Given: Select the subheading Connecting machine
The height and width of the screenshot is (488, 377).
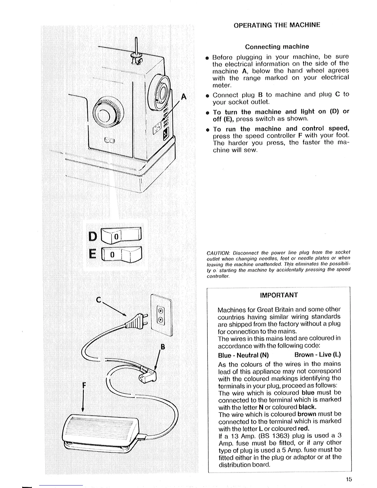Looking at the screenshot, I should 277,47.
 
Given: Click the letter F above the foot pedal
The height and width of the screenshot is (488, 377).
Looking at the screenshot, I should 84,385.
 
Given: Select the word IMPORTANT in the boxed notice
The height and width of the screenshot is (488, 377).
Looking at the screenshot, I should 279,295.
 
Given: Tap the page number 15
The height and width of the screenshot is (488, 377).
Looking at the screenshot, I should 348,479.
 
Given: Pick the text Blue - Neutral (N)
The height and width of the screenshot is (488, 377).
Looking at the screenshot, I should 243,355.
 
